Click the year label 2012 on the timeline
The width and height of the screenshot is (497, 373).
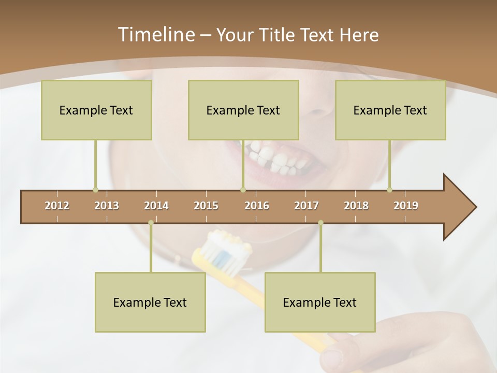(57, 206)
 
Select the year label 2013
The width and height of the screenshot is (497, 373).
(107, 206)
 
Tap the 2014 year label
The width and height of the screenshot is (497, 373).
(156, 206)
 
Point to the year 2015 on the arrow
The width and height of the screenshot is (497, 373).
(206, 206)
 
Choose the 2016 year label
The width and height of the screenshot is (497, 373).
(257, 206)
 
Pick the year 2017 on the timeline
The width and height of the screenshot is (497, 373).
(306, 206)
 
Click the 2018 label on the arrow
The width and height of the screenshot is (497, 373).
(356, 206)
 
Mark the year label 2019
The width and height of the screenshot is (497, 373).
(406, 206)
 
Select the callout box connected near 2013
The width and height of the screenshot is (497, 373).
(96, 110)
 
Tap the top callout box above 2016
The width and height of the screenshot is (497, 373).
(243, 110)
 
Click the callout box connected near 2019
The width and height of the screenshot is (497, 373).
(390, 110)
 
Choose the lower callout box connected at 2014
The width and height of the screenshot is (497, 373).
(150, 302)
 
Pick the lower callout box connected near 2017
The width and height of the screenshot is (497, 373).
(320, 302)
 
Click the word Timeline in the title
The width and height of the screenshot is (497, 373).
(155, 35)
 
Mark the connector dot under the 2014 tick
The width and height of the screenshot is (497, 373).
(151, 223)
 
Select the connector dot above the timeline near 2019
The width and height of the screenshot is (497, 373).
(389, 190)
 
